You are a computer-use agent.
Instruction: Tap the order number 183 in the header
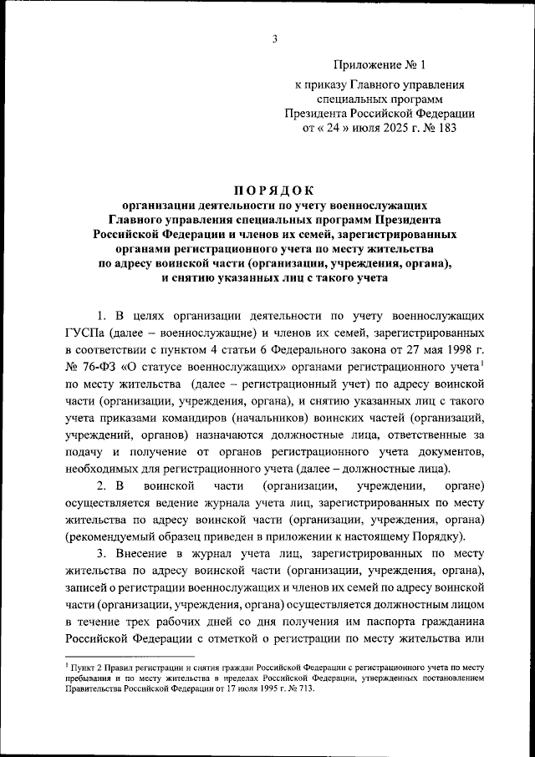pyautogui.click(x=447, y=130)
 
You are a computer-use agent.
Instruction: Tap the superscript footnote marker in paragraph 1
pyautogui.click(x=482, y=363)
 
